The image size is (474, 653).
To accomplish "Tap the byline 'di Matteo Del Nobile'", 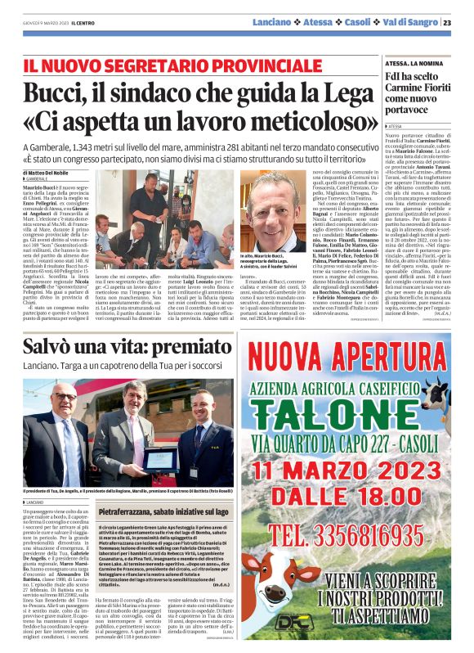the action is pos(51,173).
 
